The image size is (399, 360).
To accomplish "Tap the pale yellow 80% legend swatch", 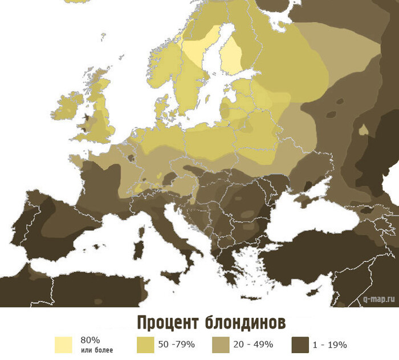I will click(x=63, y=345).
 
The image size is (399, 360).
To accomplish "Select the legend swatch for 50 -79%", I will click(x=146, y=345).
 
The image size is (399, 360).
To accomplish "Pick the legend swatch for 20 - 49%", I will click(x=221, y=345).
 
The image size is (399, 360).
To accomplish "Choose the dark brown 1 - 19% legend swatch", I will click(x=300, y=345).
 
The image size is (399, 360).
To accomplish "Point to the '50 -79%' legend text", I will click(x=177, y=345).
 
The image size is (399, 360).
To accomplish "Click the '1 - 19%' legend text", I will click(x=330, y=345).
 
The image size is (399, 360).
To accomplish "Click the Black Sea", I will click(x=308, y=223).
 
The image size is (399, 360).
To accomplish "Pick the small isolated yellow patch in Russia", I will click(x=363, y=130).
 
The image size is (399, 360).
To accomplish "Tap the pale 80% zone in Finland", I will click(x=231, y=54).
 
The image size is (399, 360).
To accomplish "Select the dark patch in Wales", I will click(x=85, y=122).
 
